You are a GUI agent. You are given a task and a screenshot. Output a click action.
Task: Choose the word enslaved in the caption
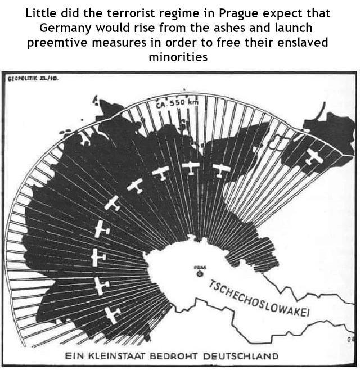[x=302, y=43]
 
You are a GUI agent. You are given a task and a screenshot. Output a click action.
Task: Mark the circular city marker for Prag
[x=200, y=274]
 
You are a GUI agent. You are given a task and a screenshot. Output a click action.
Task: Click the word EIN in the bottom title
[x=74, y=356]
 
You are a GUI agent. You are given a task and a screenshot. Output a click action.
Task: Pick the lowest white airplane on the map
[x=112, y=314]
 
